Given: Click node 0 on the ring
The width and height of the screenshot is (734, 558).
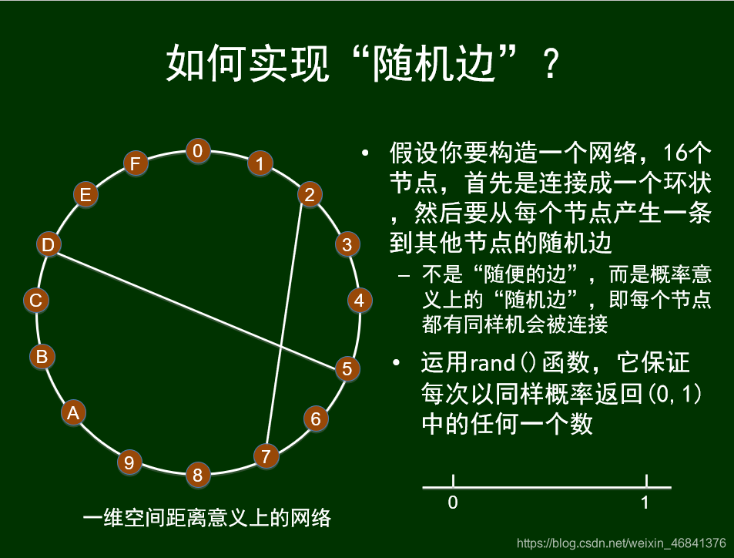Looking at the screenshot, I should click(x=198, y=150).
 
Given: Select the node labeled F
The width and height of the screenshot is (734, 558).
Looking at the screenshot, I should click(x=136, y=164).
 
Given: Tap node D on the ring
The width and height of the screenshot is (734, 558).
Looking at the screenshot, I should click(x=49, y=245).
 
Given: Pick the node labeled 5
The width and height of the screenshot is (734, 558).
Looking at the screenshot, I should click(x=347, y=369).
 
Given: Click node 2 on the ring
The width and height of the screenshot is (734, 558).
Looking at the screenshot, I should click(x=309, y=195).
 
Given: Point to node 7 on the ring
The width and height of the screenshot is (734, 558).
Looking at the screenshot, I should click(x=266, y=456).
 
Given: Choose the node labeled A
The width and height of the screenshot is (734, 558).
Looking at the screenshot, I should click(x=73, y=413).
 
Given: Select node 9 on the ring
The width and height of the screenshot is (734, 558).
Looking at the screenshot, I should click(x=129, y=462).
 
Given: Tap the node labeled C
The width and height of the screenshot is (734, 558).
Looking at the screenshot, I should click(x=35, y=300).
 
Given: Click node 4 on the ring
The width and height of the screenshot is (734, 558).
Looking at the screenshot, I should click(x=359, y=300).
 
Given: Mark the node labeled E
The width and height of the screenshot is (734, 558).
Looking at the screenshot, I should click(x=85, y=195).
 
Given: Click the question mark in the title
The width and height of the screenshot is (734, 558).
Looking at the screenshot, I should click(x=550, y=66).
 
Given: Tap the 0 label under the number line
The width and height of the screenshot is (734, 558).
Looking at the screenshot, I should click(x=453, y=503).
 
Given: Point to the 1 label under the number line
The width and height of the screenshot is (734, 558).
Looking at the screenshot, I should click(x=645, y=503).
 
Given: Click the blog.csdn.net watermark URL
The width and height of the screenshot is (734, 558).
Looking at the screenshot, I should click(x=621, y=543).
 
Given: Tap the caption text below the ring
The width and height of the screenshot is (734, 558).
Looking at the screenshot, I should click(x=206, y=517).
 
